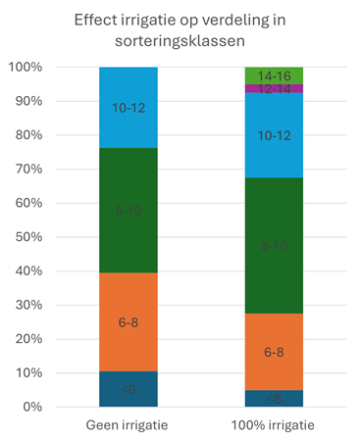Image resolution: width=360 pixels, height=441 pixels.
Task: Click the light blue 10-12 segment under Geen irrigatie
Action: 129,108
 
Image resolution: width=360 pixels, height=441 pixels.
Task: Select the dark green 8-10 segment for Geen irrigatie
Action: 129,210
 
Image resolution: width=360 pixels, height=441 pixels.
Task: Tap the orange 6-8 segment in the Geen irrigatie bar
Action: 129,322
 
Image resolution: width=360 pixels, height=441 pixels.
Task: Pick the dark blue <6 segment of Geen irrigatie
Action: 129,389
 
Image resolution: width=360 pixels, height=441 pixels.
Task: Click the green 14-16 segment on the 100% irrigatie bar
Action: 274,75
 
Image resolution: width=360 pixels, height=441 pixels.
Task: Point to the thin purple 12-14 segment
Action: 274,88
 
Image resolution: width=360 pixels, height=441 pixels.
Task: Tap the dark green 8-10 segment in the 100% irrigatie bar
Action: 274,245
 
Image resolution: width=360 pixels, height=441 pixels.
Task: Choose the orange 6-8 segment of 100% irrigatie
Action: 274,350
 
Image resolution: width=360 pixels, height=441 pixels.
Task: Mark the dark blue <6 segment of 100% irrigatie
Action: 274,398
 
